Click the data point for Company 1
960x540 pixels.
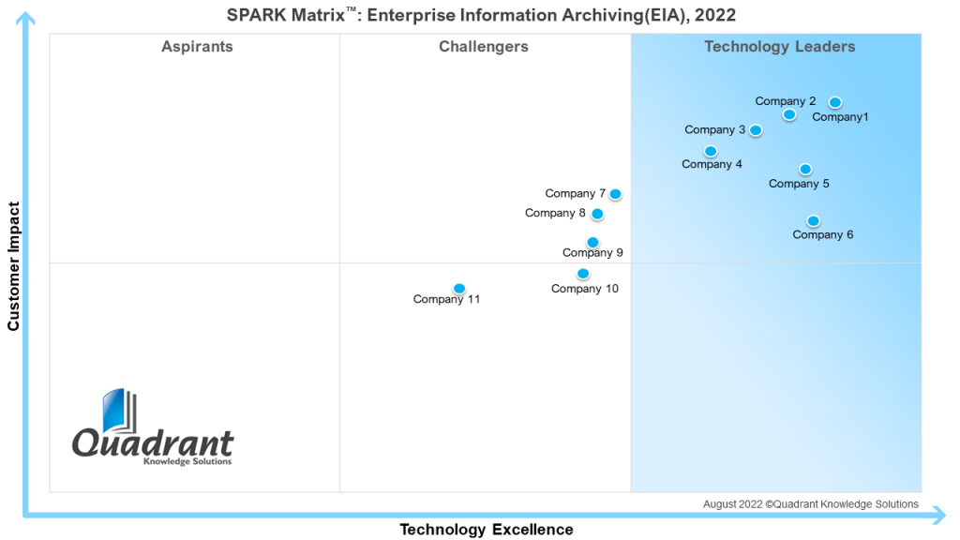tap(835, 102)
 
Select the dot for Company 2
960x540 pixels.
tap(789, 114)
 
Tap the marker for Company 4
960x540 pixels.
tap(711, 151)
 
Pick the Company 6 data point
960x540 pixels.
tap(813, 221)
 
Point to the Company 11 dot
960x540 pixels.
tap(459, 289)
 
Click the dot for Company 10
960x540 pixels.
tap(583, 274)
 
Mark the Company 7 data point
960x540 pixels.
tap(615, 194)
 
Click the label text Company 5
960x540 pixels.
tap(799, 184)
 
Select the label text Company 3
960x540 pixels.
tap(715, 130)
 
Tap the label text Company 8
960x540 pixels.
tap(555, 214)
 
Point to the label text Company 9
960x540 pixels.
tap(592, 253)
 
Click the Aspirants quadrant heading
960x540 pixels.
tap(197, 47)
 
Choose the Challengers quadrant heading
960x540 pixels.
tap(484, 47)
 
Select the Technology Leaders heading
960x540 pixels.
tap(780, 47)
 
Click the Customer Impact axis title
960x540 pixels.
tap(14, 266)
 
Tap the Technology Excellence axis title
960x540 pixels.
tap(487, 530)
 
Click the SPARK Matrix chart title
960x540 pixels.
tap(481, 15)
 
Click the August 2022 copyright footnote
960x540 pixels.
tap(811, 504)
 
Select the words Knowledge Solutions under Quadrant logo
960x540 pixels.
tap(187, 461)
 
